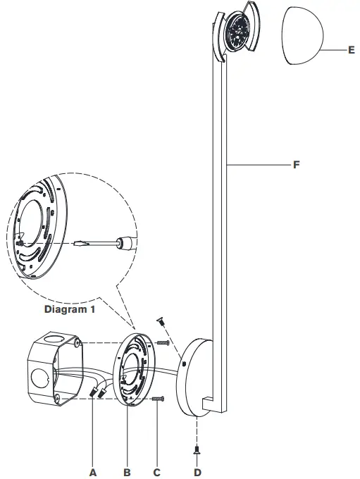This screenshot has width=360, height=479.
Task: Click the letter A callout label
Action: coord(92,473)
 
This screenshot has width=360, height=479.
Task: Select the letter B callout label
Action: coord(128,473)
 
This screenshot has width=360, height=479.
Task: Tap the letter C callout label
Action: coord(156,473)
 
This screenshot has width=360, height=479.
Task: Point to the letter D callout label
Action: coord(197,473)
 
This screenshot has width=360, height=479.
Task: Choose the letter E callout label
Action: coord(350,51)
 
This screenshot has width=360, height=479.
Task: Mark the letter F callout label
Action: coord(297,165)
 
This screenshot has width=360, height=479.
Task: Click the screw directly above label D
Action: coord(197,447)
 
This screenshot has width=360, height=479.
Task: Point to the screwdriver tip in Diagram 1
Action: coord(79,244)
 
